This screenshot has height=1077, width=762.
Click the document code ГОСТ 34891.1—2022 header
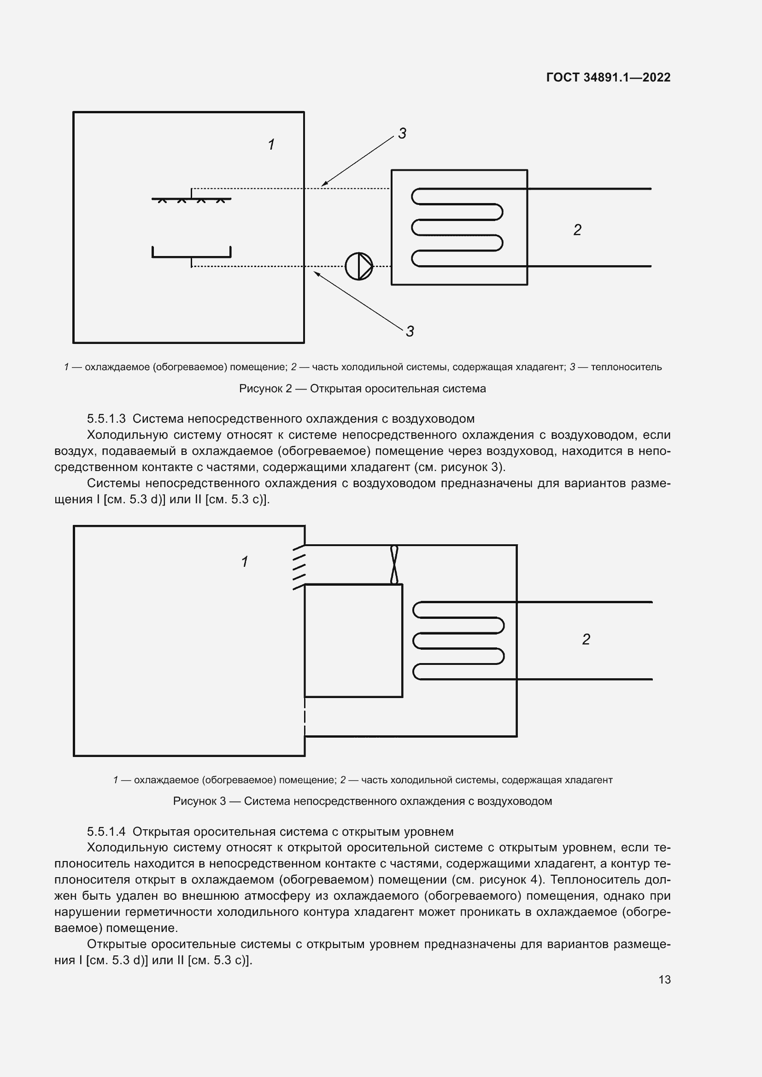608,77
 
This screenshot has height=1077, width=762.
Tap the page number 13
664,979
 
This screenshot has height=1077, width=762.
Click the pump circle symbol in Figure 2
358,267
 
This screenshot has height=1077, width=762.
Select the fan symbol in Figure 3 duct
394,565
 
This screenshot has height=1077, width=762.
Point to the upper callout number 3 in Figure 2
402,134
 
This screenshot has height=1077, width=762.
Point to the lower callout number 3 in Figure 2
410,332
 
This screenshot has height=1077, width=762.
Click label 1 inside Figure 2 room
271,145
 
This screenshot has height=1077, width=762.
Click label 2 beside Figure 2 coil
577,230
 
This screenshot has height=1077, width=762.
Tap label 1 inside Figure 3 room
245,561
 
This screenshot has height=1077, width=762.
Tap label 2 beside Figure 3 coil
586,640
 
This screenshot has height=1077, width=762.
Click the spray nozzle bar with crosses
191,199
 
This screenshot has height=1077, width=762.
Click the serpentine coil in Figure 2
457,227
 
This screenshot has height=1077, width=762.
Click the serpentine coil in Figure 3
458,641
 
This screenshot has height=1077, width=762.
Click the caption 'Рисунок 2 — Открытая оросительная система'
362,389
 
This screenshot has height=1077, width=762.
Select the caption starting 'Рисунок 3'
362,801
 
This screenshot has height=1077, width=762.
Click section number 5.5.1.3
106,419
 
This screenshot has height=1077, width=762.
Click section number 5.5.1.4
106,832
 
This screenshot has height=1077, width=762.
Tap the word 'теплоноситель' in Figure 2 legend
626,367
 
